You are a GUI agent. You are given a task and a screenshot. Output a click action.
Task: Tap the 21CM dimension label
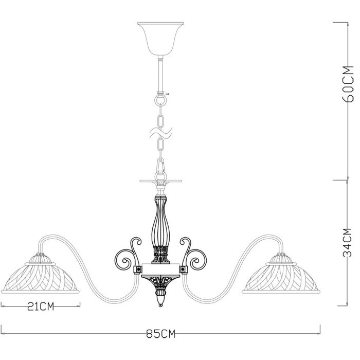41,307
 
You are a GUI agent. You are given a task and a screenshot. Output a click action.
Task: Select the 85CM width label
160,334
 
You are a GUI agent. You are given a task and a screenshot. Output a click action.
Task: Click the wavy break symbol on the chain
160,135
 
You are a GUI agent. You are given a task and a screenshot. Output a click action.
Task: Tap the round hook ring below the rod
160,98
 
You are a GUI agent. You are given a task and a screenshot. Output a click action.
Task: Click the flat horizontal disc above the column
160,182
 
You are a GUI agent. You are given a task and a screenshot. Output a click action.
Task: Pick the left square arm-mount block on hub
138,268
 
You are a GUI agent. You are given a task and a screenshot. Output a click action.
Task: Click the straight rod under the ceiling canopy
160,72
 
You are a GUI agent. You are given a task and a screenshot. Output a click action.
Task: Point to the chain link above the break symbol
160,119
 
